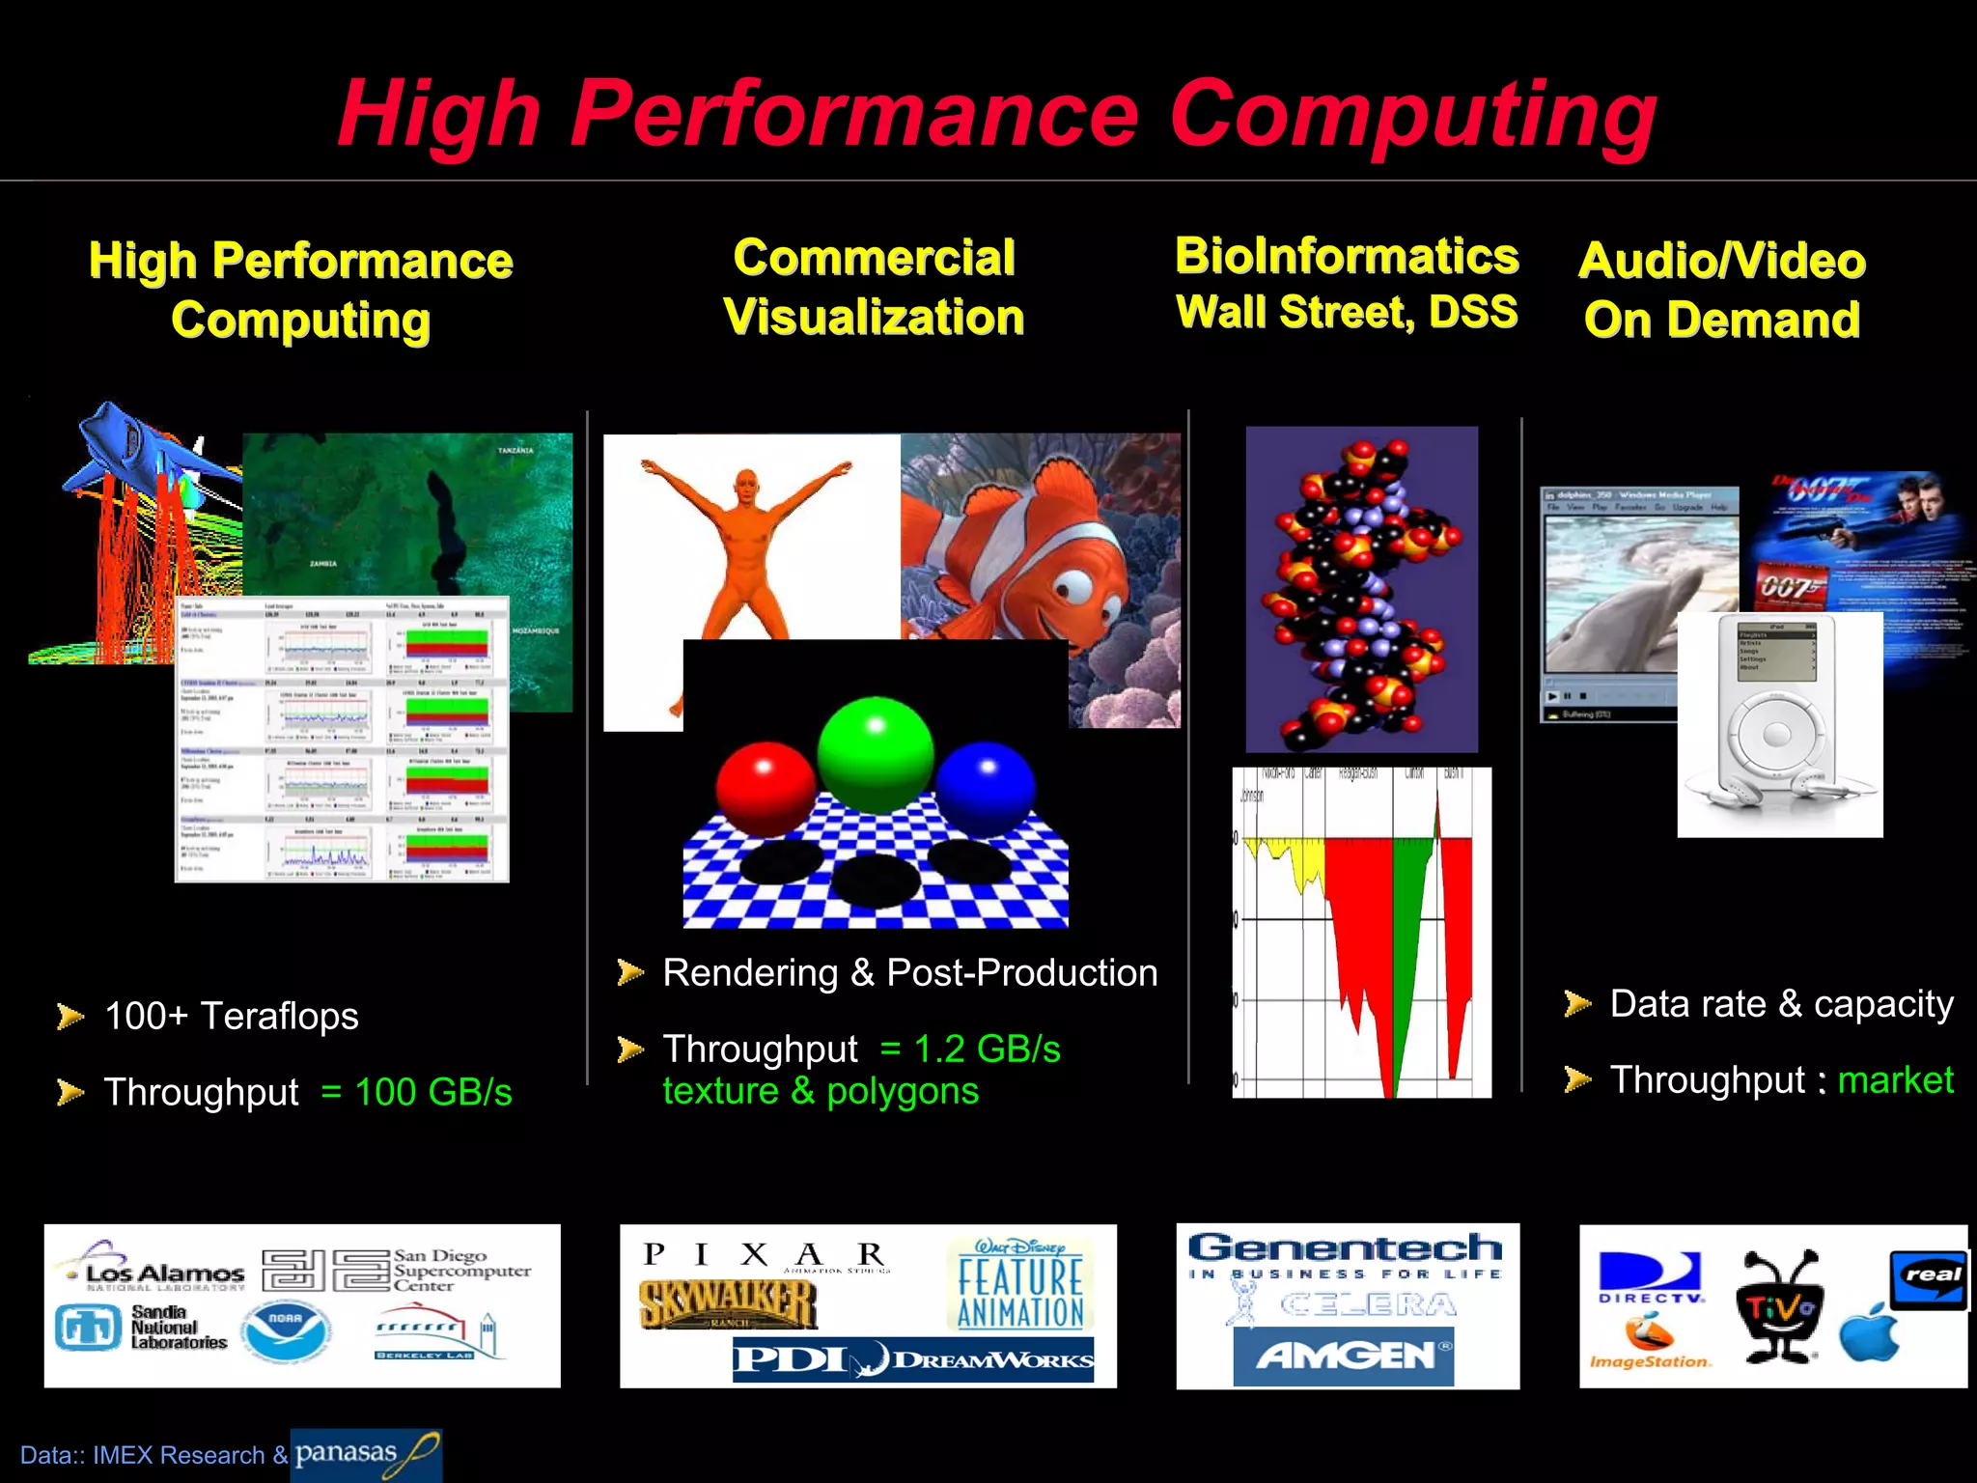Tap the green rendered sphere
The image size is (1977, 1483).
coord(876,754)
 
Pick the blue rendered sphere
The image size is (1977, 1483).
coord(986,781)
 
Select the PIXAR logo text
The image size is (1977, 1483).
coord(764,1255)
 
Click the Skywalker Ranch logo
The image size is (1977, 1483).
coord(728,1305)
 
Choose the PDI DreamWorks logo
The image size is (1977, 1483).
coord(912,1359)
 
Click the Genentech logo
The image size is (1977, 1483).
coord(1345,1247)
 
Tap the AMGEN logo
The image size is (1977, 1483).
coord(1344,1356)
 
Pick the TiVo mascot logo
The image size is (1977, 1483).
coord(1780,1306)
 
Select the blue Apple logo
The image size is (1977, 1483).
coord(1869,1334)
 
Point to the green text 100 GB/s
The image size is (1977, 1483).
coord(432,1092)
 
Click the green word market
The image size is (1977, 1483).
coord(1895,1079)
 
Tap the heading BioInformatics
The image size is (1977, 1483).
coord(1347,257)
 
